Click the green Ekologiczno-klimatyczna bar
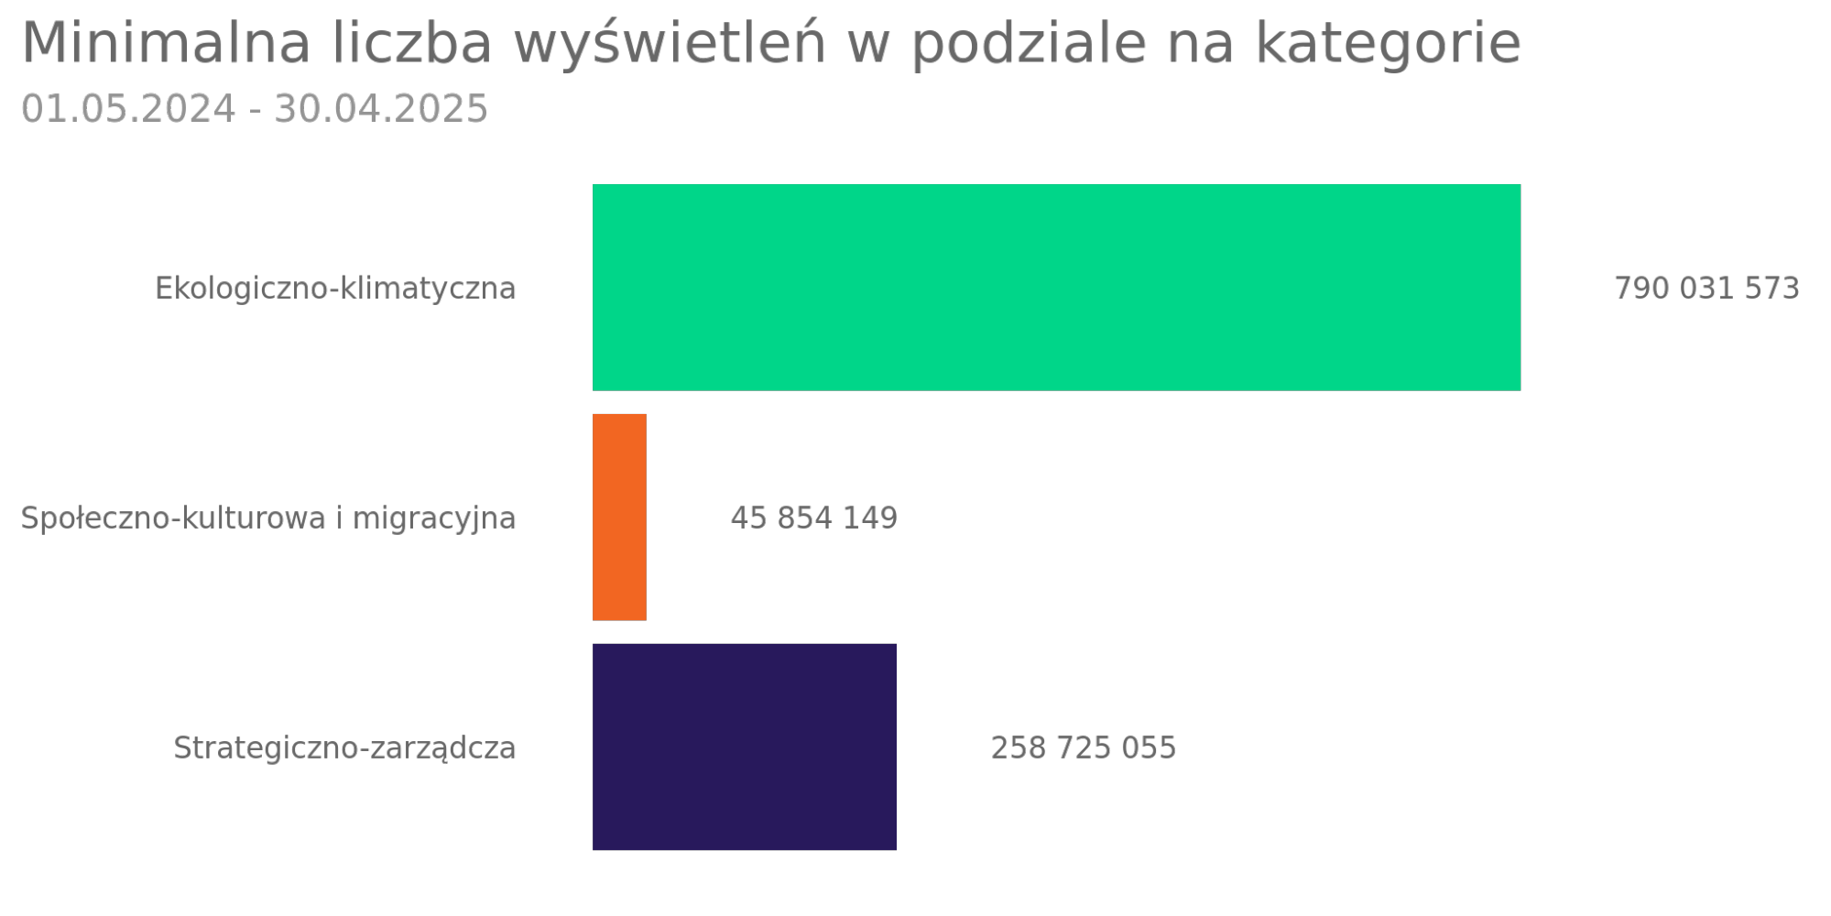pos(1056,288)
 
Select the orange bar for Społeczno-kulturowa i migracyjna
pos(619,518)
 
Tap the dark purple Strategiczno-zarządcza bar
pos(744,747)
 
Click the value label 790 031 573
pos(1706,289)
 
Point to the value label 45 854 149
pos(813,518)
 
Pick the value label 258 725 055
pos(1083,748)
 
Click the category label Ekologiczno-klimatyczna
pos(335,289)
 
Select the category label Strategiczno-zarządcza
pos(344,748)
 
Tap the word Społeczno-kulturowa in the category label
pos(173,518)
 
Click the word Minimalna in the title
pos(166,43)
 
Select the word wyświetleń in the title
pos(670,43)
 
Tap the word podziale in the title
pos(1029,43)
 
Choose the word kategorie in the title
pos(1388,43)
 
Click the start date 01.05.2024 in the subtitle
pos(128,109)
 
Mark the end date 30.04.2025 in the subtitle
pos(381,109)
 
